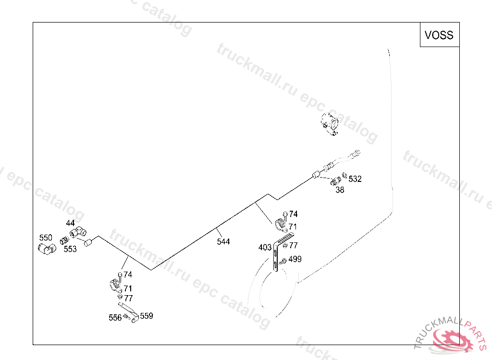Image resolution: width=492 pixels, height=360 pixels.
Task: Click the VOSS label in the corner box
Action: click(439, 35)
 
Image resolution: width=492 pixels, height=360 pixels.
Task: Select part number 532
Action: click(355, 179)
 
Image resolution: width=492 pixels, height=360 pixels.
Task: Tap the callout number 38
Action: click(340, 190)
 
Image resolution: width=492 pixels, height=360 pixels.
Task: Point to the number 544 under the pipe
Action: click(223, 241)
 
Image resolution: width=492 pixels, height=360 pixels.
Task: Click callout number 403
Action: click(265, 247)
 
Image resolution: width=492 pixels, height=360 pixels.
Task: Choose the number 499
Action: click(295, 259)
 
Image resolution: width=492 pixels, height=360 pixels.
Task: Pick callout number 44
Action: click(70, 223)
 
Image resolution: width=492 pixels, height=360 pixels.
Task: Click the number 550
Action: click(46, 238)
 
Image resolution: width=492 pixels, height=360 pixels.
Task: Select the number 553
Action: click(70, 249)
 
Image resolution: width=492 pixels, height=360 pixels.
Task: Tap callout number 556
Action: click(115, 318)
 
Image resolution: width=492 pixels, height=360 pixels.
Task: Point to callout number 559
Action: click(147, 316)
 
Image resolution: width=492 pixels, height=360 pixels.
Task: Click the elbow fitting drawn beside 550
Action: click(46, 248)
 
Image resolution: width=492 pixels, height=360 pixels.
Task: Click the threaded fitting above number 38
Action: click(335, 181)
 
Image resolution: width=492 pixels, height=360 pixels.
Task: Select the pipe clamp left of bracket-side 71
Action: click(281, 225)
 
